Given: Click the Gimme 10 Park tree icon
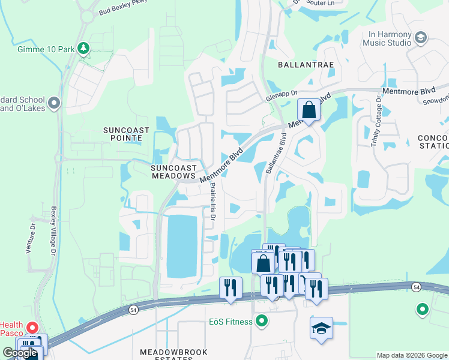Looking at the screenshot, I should (84, 47).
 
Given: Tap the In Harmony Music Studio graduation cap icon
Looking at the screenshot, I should (420, 38).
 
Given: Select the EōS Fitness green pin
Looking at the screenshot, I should (261, 322).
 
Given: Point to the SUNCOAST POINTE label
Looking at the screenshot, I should (122, 133).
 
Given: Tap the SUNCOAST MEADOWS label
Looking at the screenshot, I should (173, 172).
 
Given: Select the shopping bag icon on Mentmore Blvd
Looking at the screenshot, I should (309, 110).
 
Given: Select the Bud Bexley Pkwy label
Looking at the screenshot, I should (123, 10).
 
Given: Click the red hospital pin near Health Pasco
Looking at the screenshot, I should (32, 328).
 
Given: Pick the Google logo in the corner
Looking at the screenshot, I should (20, 353).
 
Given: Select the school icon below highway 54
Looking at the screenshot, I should (321, 328).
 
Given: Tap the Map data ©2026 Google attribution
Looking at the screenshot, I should (412, 355).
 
